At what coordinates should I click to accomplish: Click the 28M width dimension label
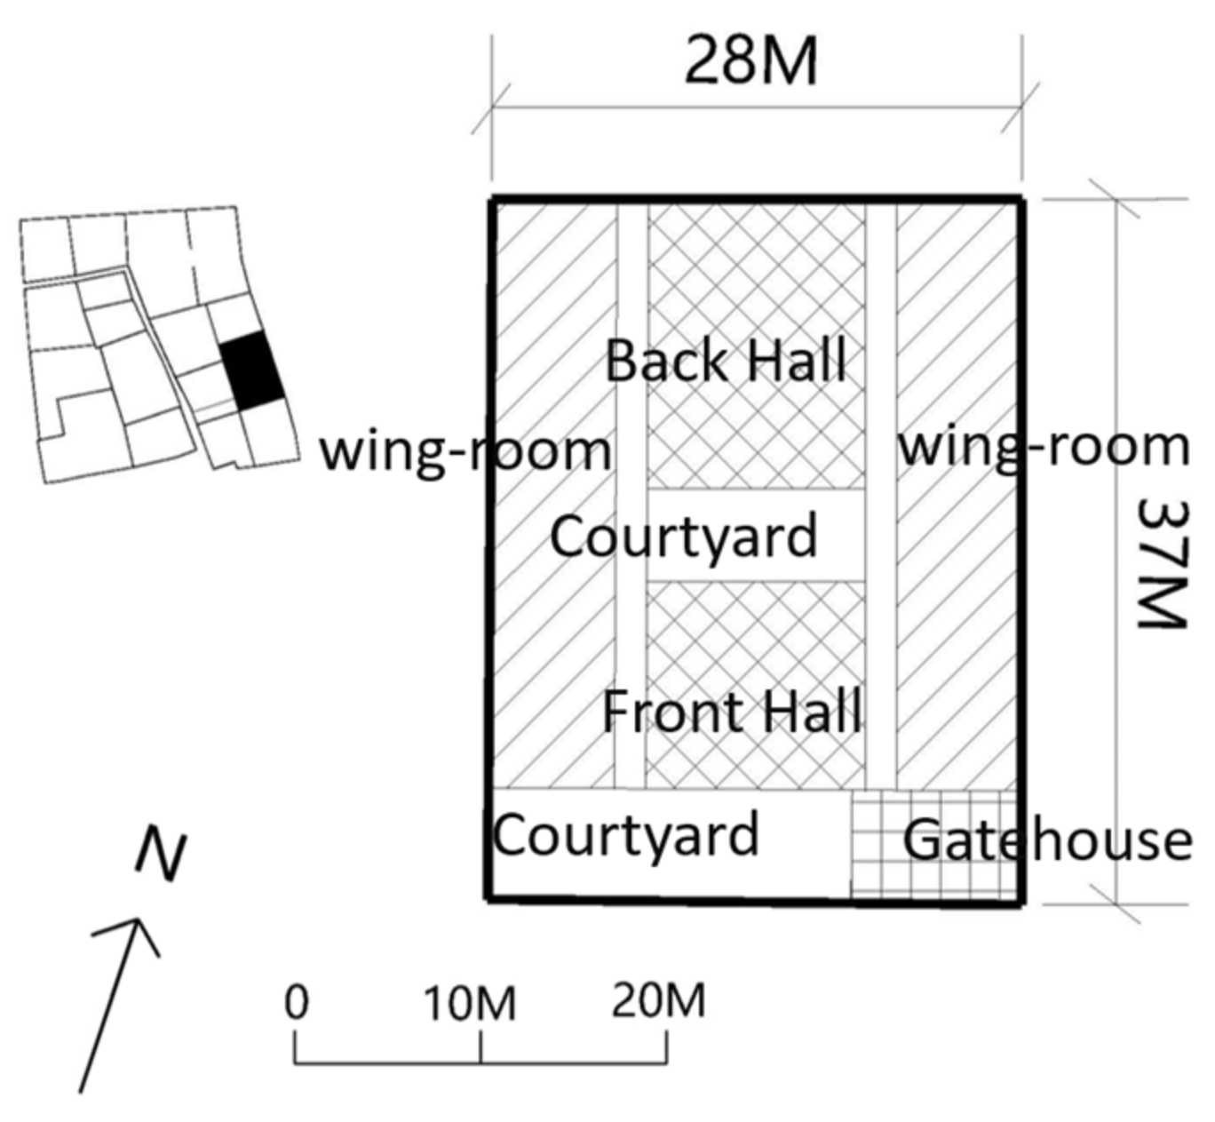point(750,62)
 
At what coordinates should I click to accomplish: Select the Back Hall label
point(725,362)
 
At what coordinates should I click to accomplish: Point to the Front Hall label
point(731,712)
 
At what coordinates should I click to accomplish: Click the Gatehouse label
point(1047,840)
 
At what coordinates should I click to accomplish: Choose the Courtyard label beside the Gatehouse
point(626,836)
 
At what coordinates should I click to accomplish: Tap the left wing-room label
point(465,450)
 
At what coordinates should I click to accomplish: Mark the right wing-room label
point(1044,446)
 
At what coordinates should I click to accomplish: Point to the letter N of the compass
point(162,855)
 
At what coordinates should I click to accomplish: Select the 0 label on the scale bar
point(297,1003)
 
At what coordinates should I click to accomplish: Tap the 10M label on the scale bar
point(470,1005)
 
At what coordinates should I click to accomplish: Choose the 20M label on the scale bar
point(658,1002)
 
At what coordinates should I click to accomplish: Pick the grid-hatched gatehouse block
point(933,844)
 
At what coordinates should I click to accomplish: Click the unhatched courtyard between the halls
point(755,535)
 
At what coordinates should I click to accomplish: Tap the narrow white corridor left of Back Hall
point(631,355)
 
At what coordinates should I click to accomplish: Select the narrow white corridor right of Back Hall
point(880,355)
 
